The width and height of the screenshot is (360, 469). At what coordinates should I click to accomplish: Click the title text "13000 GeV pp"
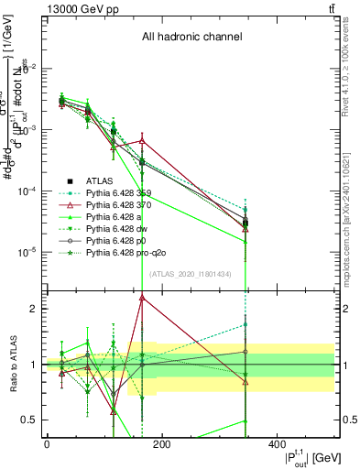tap(76, 9)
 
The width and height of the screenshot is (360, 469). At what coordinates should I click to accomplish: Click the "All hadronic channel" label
tap(191, 38)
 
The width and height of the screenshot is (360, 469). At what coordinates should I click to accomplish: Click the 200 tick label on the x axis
tap(161, 443)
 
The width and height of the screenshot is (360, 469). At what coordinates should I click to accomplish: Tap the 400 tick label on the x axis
tap(277, 443)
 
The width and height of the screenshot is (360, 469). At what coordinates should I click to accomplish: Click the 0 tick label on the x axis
tap(47, 443)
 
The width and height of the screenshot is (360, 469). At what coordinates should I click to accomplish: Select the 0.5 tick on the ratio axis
tap(30, 420)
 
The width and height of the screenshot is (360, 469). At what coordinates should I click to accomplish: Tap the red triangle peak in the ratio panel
tap(142, 297)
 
